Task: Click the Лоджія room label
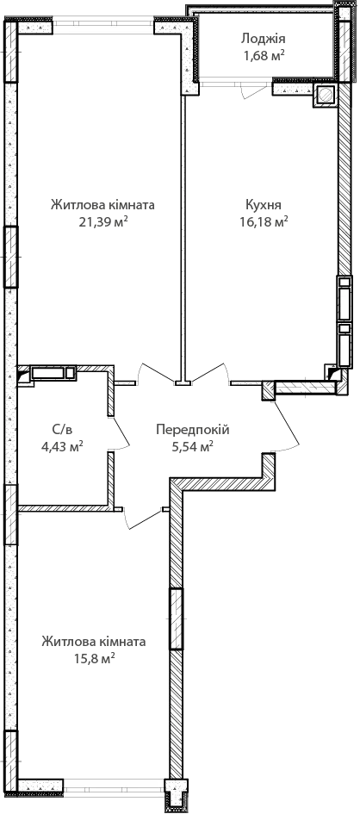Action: click(x=263, y=39)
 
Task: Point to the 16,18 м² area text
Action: click(x=264, y=222)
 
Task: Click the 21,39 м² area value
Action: click(x=102, y=222)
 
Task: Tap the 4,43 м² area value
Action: click(x=62, y=446)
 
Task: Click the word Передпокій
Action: click(x=193, y=430)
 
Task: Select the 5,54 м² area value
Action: click(x=193, y=446)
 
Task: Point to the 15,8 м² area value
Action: click(x=94, y=659)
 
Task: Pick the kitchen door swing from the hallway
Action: click(x=210, y=373)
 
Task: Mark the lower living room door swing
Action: click(x=143, y=519)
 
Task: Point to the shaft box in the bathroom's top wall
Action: click(x=48, y=373)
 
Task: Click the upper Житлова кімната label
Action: click(x=102, y=205)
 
